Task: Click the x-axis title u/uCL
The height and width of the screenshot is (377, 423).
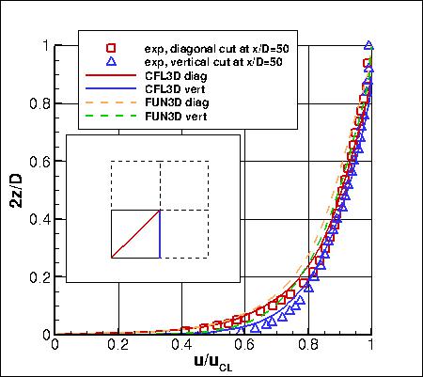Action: (x=215, y=363)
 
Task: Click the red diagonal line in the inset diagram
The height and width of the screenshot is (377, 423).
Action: (x=135, y=233)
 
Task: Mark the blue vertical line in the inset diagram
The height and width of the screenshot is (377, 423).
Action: (x=160, y=233)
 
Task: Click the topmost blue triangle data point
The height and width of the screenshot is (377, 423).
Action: (x=369, y=45)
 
